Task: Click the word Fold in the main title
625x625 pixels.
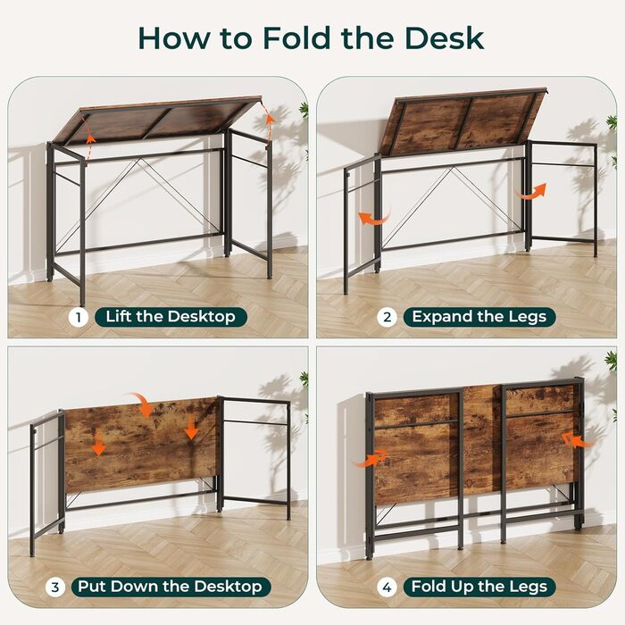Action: [x=296, y=38]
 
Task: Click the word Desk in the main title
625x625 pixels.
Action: [x=444, y=38]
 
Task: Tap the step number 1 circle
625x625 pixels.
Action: [x=79, y=318]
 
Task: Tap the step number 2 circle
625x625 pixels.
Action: [x=387, y=318]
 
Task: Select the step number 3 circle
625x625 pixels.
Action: [x=55, y=587]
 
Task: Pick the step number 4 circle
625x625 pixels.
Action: [x=387, y=587]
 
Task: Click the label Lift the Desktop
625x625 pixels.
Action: [x=171, y=317]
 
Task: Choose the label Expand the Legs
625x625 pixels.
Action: [x=479, y=317]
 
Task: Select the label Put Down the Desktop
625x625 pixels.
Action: [x=171, y=587]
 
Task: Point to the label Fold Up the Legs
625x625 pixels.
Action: [x=479, y=587]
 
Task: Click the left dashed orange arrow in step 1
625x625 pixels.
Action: [x=89, y=145]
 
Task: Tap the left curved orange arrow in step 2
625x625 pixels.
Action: [x=372, y=219]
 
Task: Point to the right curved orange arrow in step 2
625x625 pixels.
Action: [x=530, y=192]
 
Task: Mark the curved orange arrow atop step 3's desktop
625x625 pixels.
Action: [x=140, y=402]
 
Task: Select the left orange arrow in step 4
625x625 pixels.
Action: [x=369, y=459]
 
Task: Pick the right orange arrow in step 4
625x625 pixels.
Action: [x=578, y=440]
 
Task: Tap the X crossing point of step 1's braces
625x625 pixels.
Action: [x=139, y=159]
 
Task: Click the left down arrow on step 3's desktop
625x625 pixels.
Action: [x=98, y=446]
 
